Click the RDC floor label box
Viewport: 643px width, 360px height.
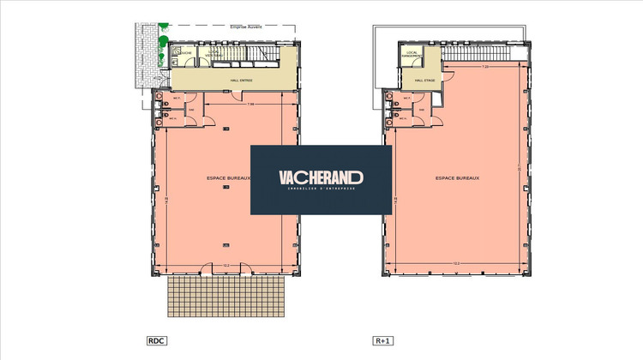pos(156,341)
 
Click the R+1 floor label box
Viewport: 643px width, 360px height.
pos(382,341)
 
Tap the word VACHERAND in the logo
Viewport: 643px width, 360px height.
pos(321,177)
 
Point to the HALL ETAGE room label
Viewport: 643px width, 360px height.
pos(425,81)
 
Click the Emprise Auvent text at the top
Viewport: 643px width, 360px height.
pos(246,27)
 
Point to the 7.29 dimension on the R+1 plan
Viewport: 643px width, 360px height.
pos(484,67)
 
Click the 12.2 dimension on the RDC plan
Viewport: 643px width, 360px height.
pos(226,263)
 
